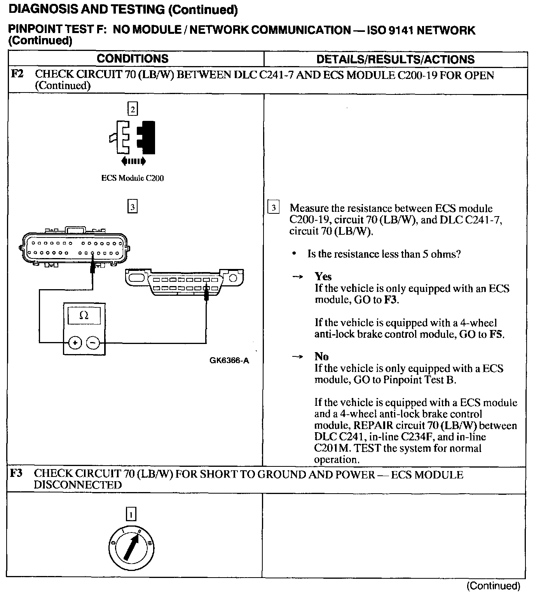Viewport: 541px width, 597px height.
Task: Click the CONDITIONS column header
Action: click(133, 59)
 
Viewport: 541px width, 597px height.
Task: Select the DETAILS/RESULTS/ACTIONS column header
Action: click(395, 59)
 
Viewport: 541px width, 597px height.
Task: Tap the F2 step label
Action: click(17, 74)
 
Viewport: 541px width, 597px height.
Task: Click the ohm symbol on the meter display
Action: click(84, 315)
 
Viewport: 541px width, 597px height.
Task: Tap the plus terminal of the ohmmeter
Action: click(75, 342)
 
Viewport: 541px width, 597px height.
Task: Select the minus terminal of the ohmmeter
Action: click(92, 342)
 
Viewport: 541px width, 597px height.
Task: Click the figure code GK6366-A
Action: click(229, 360)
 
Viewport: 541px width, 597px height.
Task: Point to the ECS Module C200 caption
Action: click(133, 178)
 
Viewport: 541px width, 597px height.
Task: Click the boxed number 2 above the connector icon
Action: click(133, 110)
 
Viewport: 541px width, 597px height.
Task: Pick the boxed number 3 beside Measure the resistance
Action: click(273, 208)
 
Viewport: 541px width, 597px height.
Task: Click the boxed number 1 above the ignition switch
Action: click(131, 515)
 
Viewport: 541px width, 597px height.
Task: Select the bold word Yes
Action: click(323, 277)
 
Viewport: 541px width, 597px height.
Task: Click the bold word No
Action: click(321, 356)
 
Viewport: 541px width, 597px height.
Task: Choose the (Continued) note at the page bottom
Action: click(493, 586)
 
